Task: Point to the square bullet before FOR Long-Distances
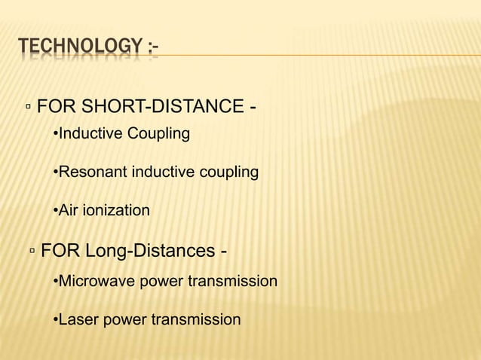pos(32,251)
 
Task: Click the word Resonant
pos(93,172)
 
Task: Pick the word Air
pos(69,210)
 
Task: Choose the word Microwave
pos(93,282)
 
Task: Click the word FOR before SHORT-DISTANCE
pos(53,104)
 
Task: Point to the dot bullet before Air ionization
pos(55,211)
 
